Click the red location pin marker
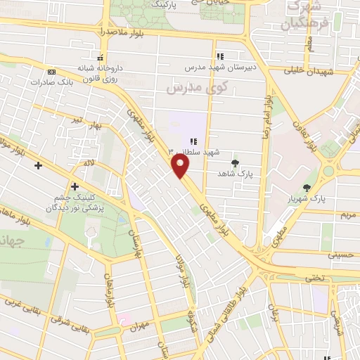click(181, 166)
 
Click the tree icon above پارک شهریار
click(306, 187)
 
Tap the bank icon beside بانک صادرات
click(51, 72)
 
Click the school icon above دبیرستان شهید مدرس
click(220, 56)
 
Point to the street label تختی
click(314, 278)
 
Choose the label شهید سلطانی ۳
click(195, 152)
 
